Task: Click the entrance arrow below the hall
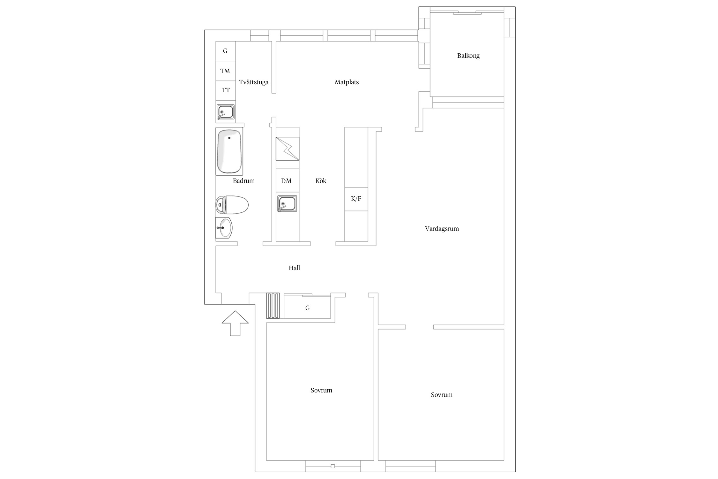point(235,323)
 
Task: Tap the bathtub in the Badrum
point(229,151)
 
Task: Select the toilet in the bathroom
point(232,205)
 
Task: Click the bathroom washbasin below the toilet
point(224,228)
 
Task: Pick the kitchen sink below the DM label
point(287,203)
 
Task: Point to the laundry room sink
point(225,112)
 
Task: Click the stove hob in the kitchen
point(288,148)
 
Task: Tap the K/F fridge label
point(356,199)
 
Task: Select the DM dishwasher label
point(286,181)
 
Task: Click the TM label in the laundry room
point(225,71)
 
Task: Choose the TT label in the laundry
point(226,90)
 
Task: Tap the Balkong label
point(468,56)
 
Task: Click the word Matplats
point(347,82)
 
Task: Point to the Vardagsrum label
point(442,229)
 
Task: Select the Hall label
point(294,268)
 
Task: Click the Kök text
point(321,181)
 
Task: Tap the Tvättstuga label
point(254,82)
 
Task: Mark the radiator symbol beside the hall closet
point(273,306)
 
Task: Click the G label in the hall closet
point(307,308)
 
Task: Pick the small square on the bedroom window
point(333,466)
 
